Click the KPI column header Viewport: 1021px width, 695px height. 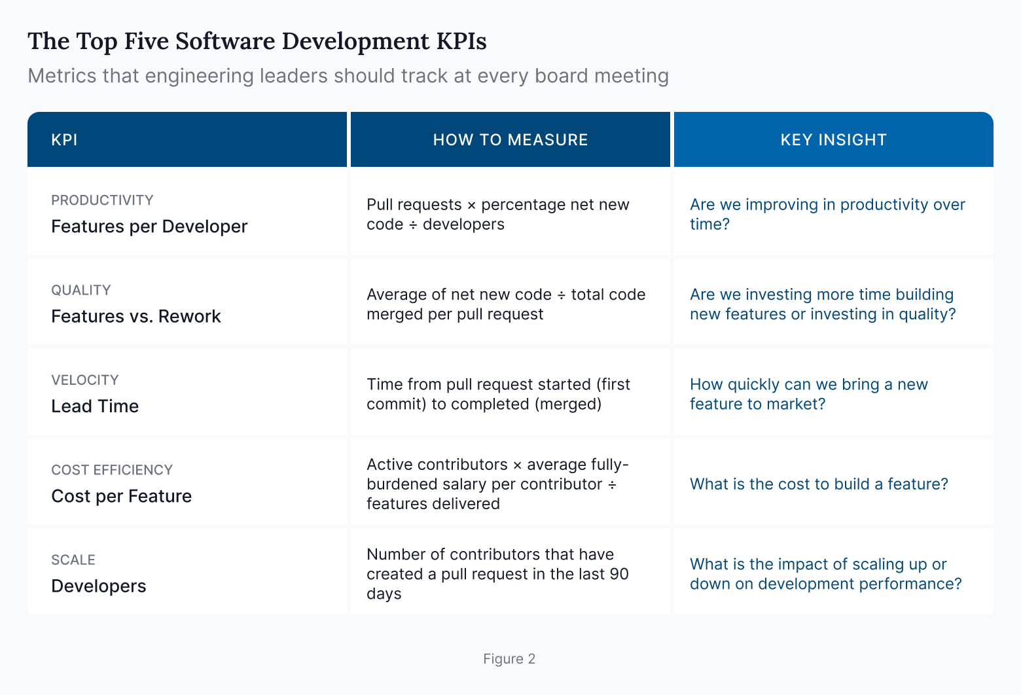coord(64,140)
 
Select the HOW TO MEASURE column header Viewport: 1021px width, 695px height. coord(510,140)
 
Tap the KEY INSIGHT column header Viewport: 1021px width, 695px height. coord(833,140)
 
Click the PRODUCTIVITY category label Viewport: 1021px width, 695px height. coord(102,200)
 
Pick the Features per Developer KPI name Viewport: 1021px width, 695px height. coord(149,226)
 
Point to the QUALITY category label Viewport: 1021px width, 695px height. coord(81,290)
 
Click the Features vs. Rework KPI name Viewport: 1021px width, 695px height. coord(136,316)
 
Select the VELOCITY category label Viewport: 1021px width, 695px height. coord(85,380)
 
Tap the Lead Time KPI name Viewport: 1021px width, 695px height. coord(95,406)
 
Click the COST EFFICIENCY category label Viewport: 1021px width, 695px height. coord(112,470)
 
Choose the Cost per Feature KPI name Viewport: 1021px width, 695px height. coord(121,496)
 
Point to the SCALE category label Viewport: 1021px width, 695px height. coord(73,560)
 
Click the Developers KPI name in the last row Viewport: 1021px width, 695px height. coord(99,586)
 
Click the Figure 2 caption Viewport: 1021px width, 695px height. coord(509,659)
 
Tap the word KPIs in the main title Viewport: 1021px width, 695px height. coord(461,41)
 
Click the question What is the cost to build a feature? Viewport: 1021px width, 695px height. coord(819,484)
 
